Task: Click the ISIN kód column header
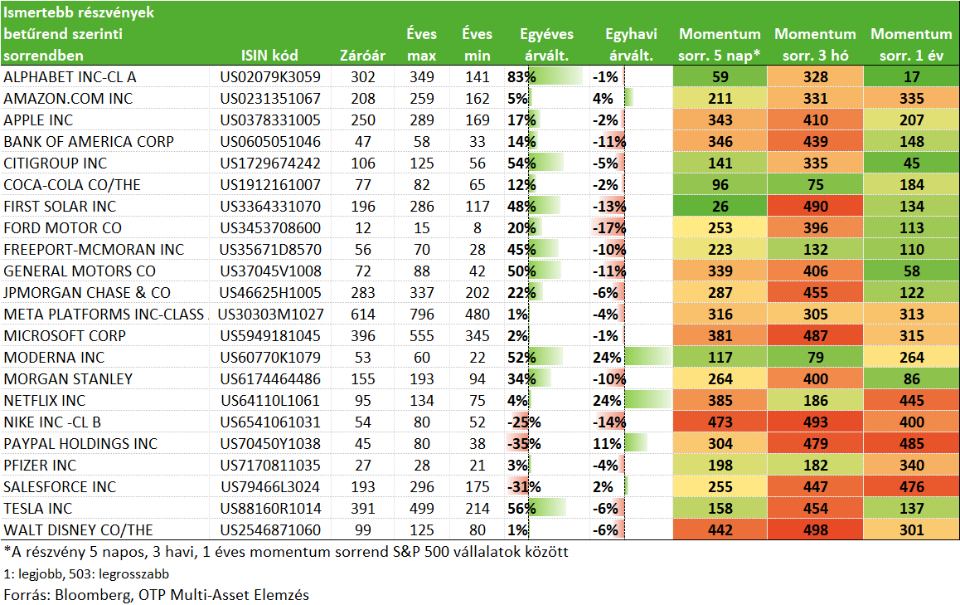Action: (269, 55)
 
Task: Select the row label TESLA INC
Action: (38, 508)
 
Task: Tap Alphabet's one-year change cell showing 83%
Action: (521, 76)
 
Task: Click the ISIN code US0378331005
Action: (270, 120)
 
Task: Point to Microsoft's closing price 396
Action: (363, 336)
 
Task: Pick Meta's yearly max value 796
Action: (422, 315)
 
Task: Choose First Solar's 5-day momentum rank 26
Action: (720, 207)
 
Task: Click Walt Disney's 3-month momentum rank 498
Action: (816, 530)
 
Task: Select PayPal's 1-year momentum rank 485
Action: (912, 444)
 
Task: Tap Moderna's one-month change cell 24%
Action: (607, 358)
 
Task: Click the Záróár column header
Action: (362, 55)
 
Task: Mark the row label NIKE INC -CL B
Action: (52, 422)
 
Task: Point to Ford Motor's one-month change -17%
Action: (609, 228)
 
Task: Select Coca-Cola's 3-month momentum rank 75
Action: (816, 185)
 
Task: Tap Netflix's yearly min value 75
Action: (477, 401)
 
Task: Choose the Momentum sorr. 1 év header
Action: (912, 44)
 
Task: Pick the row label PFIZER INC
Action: (40, 466)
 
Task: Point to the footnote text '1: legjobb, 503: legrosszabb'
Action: (86, 573)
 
